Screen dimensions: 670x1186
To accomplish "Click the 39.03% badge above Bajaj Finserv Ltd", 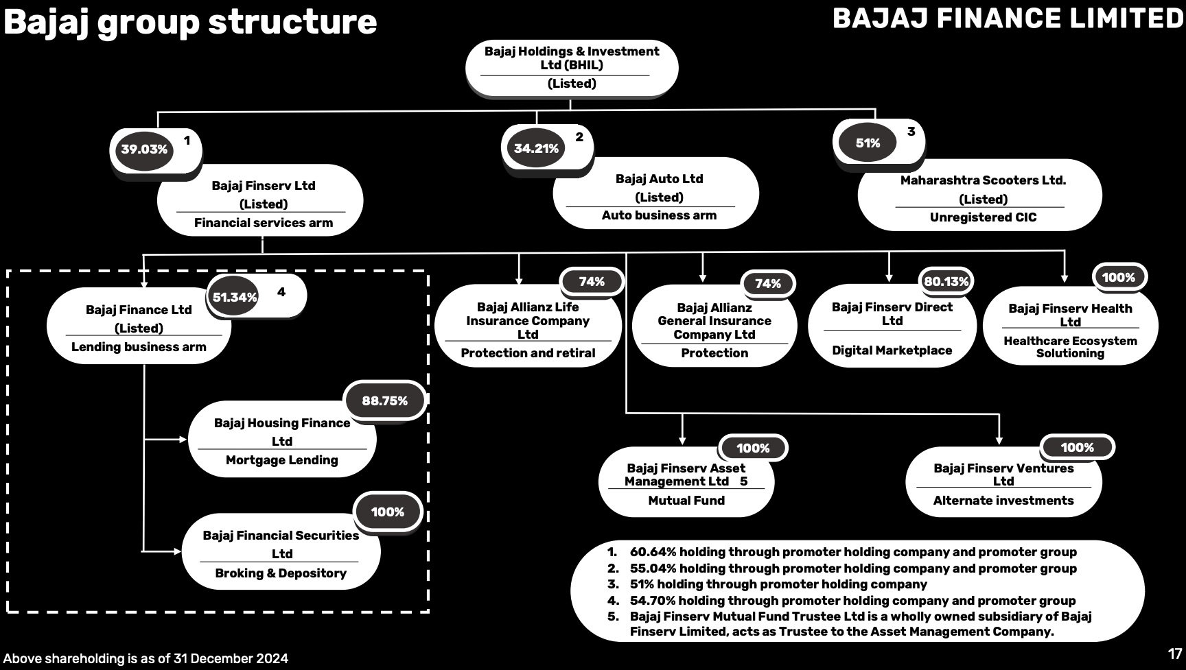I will pyautogui.click(x=144, y=149).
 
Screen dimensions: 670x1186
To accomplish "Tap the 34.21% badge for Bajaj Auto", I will pyautogui.click(x=536, y=148).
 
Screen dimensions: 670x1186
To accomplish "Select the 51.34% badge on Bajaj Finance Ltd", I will pyautogui.click(x=235, y=297).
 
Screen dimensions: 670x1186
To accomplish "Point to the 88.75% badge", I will pyautogui.click(x=384, y=401).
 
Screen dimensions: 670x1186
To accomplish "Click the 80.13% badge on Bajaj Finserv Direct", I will pyautogui.click(x=946, y=281).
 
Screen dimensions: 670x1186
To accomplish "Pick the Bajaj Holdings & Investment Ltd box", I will pyautogui.click(x=572, y=67).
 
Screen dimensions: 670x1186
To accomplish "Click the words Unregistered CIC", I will pyautogui.click(x=983, y=217).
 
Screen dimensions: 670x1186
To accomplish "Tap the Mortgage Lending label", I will pyautogui.click(x=281, y=460).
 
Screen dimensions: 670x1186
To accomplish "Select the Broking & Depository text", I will pyautogui.click(x=281, y=573).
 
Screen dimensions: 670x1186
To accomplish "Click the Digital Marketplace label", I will pyautogui.click(x=892, y=350).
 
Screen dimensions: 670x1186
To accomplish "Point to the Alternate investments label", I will pyautogui.click(x=1003, y=501).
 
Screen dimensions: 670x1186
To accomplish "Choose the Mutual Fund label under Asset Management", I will pyautogui.click(x=686, y=501).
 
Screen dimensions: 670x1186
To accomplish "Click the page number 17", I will pyautogui.click(x=1174, y=654).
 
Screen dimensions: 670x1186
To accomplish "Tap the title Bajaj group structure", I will pyautogui.click(x=190, y=21).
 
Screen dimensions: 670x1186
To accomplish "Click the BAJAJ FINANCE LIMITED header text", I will pyautogui.click(x=1008, y=19).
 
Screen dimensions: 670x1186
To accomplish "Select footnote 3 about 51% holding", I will pyautogui.click(x=778, y=584).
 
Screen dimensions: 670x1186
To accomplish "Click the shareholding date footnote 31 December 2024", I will pyautogui.click(x=146, y=659).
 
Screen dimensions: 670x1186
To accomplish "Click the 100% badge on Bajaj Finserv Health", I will pyautogui.click(x=1118, y=278).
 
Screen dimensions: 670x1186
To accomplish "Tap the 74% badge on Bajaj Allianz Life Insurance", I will pyautogui.click(x=591, y=282).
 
